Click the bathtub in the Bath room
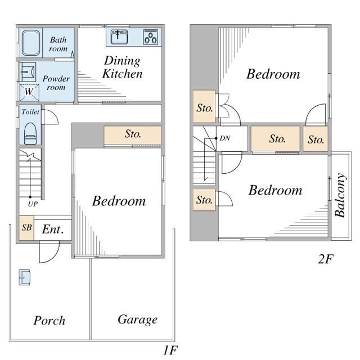click(x=31, y=43)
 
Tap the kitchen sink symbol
click(x=119, y=37)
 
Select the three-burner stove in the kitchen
click(x=151, y=37)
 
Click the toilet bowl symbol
click(x=30, y=134)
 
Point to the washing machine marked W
click(x=29, y=92)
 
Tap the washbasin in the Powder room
click(x=28, y=72)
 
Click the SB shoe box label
click(x=26, y=227)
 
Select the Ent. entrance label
click(x=52, y=229)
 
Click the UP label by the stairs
click(x=33, y=204)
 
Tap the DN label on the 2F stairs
click(x=225, y=138)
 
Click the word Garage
click(x=137, y=319)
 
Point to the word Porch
click(x=49, y=321)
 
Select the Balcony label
click(x=340, y=195)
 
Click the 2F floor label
click(x=326, y=259)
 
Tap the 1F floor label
click(x=170, y=350)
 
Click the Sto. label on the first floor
click(x=133, y=134)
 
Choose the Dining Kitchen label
click(x=123, y=67)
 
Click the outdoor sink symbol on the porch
click(x=25, y=277)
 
